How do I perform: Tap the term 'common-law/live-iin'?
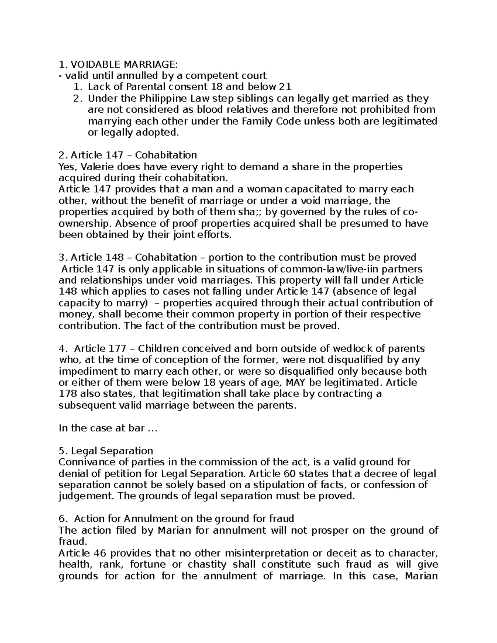tap(319, 269)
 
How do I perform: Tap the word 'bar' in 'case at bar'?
tap(136, 428)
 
